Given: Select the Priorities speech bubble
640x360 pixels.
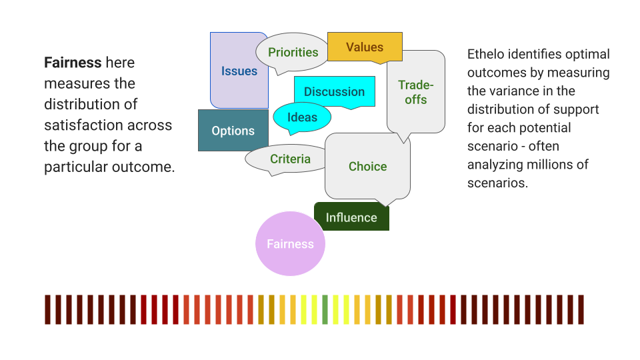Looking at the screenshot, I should (293, 53).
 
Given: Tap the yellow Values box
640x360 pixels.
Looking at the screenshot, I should (365, 47).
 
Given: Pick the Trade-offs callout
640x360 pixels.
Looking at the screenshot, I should (416, 93).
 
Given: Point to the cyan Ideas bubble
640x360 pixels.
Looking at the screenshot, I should (302, 117).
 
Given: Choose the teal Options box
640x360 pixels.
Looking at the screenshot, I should (233, 131).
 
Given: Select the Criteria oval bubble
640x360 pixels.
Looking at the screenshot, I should (290, 159).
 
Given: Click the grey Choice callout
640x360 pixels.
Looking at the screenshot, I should (367, 167).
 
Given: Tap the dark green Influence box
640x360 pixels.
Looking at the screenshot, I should (351, 217).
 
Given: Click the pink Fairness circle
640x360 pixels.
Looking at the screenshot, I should (290, 244).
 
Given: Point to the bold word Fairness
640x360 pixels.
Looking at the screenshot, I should (73, 63).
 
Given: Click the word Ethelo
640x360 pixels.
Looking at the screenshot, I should (487, 55).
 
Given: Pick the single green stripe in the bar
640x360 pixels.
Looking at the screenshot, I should (325, 310).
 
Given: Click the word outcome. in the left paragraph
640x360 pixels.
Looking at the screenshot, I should (145, 167).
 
